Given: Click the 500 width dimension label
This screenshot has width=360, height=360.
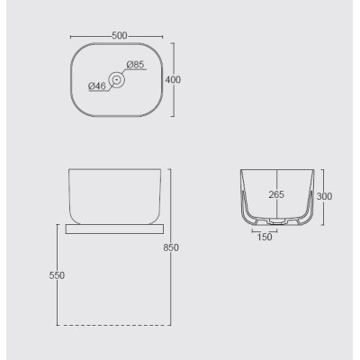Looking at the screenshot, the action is [x=120, y=36].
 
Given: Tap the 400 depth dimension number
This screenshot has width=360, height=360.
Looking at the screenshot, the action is [x=173, y=80].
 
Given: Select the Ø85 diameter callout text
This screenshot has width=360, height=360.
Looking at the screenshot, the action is [x=135, y=65].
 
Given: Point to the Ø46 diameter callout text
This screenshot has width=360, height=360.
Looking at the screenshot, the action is [x=97, y=86].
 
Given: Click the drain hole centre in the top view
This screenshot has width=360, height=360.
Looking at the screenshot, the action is [x=117, y=79].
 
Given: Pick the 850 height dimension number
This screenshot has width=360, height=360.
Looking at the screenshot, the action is [x=171, y=247].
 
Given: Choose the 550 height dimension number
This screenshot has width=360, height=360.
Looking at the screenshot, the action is [x=57, y=275].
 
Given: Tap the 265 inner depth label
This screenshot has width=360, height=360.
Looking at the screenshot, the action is [x=276, y=194].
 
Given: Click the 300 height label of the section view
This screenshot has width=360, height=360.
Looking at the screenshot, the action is [x=324, y=196].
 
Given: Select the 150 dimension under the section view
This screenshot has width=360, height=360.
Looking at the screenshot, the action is [x=265, y=237].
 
